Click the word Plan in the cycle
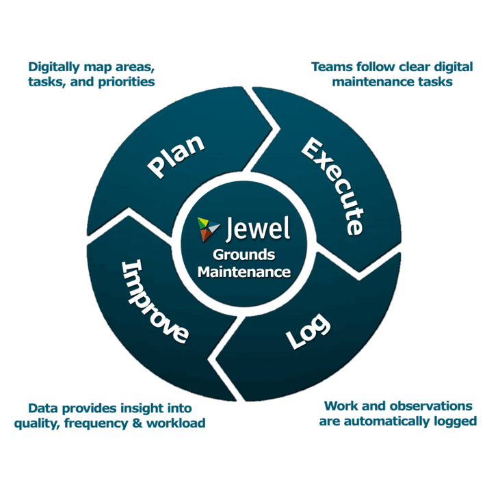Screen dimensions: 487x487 [x=176, y=157]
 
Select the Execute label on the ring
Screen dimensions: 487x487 [x=332, y=185]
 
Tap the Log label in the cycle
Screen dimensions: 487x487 [x=308, y=332]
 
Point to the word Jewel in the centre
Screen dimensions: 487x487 [x=258, y=228]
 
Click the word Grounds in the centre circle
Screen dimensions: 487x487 [x=243, y=255]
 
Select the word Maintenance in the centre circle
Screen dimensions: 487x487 [x=243, y=272]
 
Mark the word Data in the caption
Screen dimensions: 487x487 [x=42, y=408]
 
